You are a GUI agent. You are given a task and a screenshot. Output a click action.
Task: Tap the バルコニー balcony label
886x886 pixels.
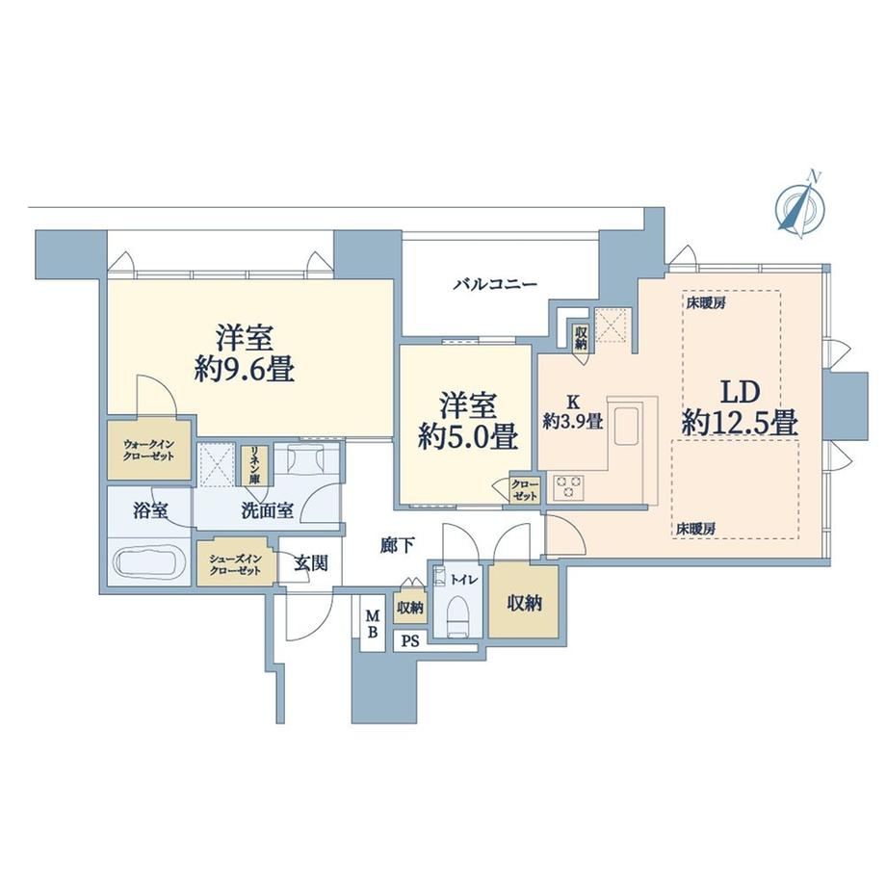[x=495, y=284]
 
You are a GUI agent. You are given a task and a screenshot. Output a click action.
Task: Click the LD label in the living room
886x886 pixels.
[x=740, y=392]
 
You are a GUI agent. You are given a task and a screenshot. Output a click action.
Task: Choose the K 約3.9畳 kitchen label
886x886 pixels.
[x=573, y=411]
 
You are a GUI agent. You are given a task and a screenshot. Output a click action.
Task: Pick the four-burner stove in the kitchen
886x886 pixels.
[x=568, y=487]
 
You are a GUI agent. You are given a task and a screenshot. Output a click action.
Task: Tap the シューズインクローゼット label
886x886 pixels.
[x=235, y=564]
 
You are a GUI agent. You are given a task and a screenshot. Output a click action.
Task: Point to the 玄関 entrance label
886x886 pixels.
[x=311, y=562]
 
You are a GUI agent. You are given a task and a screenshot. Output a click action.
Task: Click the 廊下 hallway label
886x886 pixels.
[x=397, y=545]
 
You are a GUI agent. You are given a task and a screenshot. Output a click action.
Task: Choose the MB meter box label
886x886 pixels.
[x=373, y=623]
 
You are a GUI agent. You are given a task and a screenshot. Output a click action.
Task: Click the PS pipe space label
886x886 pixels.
[x=411, y=642]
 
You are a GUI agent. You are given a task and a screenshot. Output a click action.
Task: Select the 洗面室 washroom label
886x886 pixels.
[x=267, y=510]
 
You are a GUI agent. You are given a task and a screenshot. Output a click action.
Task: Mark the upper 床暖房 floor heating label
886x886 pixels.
[x=706, y=302]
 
